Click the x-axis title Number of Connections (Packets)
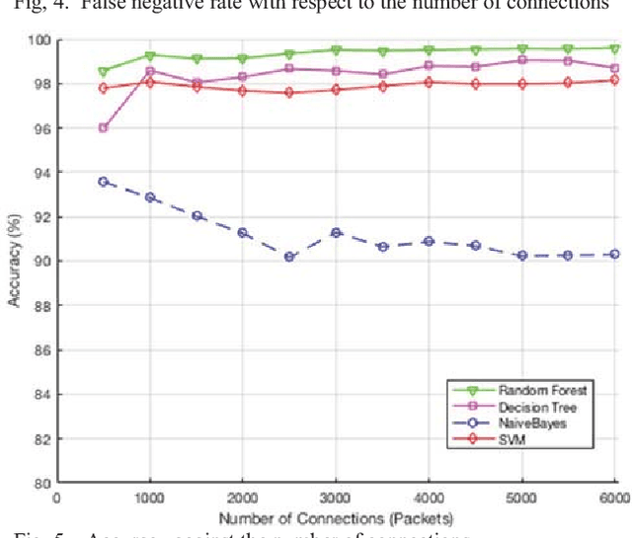tap(336, 518)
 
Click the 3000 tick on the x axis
tap(336, 499)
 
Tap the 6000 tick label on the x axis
tap(614, 499)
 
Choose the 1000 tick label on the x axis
tap(150, 499)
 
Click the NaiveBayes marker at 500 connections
tap(103, 182)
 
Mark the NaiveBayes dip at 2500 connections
tap(289, 257)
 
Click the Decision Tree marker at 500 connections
tap(103, 128)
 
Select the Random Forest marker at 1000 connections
tap(150, 56)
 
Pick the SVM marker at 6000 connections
tap(614, 80)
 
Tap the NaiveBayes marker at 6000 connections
tap(614, 254)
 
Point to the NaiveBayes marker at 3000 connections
tap(336, 232)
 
